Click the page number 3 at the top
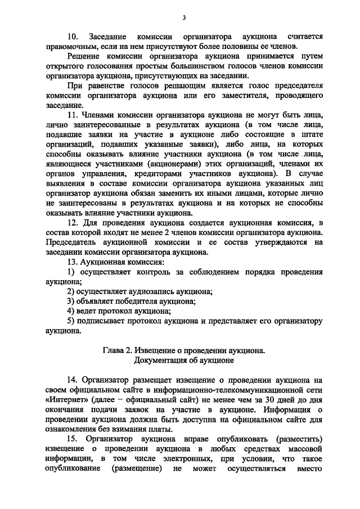click(x=184, y=18)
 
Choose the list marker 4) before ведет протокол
click(x=71, y=311)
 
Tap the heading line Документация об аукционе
click(x=183, y=359)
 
